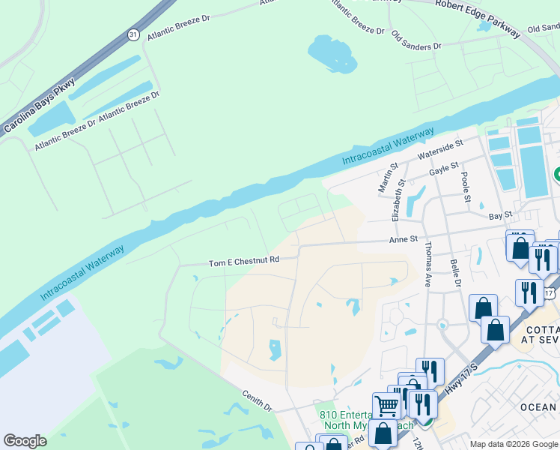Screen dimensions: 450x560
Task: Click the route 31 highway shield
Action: [133, 35]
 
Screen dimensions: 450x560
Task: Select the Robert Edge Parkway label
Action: [478, 16]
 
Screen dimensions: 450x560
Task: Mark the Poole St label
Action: [466, 187]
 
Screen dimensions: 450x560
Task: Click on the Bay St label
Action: [499, 215]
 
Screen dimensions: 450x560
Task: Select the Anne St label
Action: [402, 240]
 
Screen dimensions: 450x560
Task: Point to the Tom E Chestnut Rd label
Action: [243, 262]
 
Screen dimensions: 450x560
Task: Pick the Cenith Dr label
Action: [257, 400]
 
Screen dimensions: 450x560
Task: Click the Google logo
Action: [25, 440]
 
